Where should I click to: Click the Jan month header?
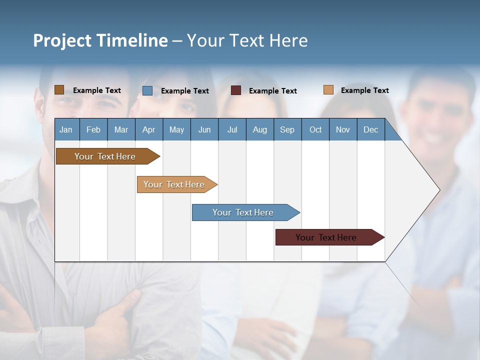coord(66,130)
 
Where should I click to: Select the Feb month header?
coord(93,130)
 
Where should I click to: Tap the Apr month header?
coord(148,130)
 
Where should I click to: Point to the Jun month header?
coord(204,130)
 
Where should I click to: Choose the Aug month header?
coord(259,130)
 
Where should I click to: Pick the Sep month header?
coord(287,130)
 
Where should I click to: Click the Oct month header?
coord(315,130)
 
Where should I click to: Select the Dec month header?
coord(370,130)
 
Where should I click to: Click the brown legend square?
coord(59,90)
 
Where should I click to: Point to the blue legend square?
coord(147,90)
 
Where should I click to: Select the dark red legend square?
coord(236,90)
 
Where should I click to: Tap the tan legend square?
coord(328,90)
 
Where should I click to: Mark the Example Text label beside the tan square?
coord(364,90)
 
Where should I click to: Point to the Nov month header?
coord(343,130)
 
